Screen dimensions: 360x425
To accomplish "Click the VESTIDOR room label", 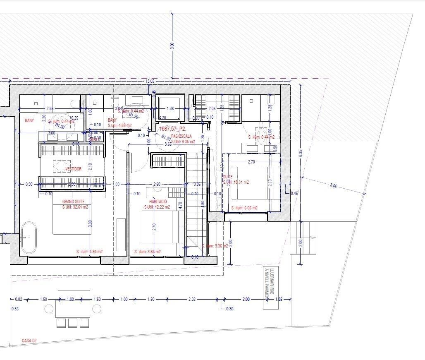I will [73, 169].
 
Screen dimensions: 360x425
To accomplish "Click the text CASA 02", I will [29, 341].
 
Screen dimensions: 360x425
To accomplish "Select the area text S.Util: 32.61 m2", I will [75, 207].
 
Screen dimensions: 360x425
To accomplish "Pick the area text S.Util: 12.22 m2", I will [157, 207].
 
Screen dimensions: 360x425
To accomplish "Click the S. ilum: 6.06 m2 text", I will [244, 208].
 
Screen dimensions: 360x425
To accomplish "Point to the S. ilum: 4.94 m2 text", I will [89, 252].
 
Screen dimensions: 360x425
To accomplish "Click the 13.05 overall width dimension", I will [149, 81].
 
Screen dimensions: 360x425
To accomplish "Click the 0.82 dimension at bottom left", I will [19, 299].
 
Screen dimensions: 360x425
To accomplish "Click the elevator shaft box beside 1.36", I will [170, 108].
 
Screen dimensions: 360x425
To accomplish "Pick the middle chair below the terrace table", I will [73, 323].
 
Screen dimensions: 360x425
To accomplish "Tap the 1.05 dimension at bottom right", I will [278, 299].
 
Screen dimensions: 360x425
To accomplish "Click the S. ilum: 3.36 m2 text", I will [215, 246].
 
